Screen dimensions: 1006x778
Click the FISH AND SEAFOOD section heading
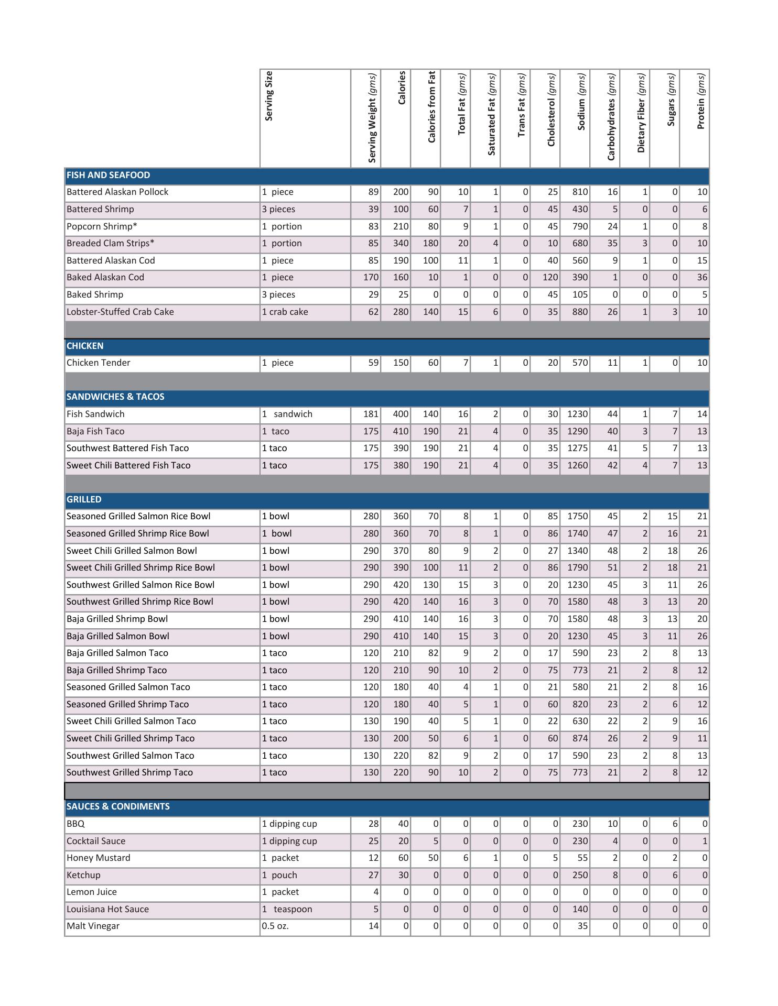click(x=109, y=176)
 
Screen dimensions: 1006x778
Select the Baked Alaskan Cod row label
click(x=105, y=278)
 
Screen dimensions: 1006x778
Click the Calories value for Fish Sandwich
click(x=401, y=414)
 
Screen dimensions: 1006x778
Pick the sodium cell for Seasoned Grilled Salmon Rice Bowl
click(x=577, y=517)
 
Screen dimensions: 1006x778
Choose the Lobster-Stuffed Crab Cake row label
click(x=120, y=312)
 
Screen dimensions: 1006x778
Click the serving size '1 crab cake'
click(x=285, y=312)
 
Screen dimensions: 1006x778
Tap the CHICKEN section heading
click(x=85, y=346)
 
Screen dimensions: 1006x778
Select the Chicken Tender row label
click(x=99, y=363)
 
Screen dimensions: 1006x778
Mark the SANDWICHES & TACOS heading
click(x=115, y=397)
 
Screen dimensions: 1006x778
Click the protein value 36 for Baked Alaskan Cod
click(x=702, y=278)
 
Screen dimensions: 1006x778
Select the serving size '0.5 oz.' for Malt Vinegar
click(x=275, y=926)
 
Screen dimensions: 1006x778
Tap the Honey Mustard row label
click(x=99, y=858)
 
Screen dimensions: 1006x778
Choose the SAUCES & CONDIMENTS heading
click(x=118, y=807)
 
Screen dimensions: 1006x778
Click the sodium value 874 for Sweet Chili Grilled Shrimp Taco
click(x=580, y=739)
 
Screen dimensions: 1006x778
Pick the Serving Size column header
click(x=269, y=96)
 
